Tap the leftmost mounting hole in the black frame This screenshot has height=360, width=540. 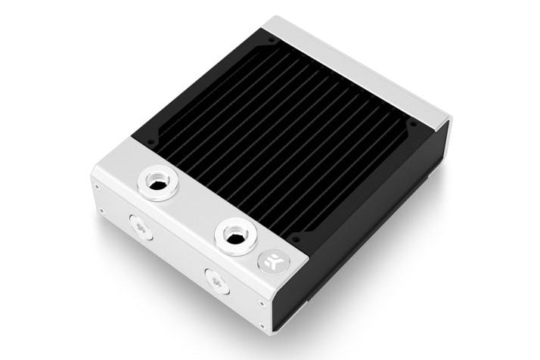tap(150, 141)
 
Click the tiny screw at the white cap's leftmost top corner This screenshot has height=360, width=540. tap(96, 182)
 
